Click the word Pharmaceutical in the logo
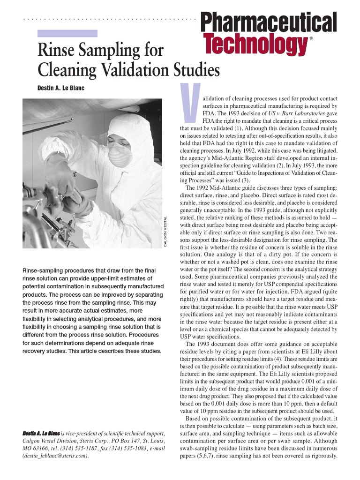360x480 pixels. coord(269,22)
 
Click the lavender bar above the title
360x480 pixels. coord(67,33)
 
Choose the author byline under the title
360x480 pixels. coord(60,88)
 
